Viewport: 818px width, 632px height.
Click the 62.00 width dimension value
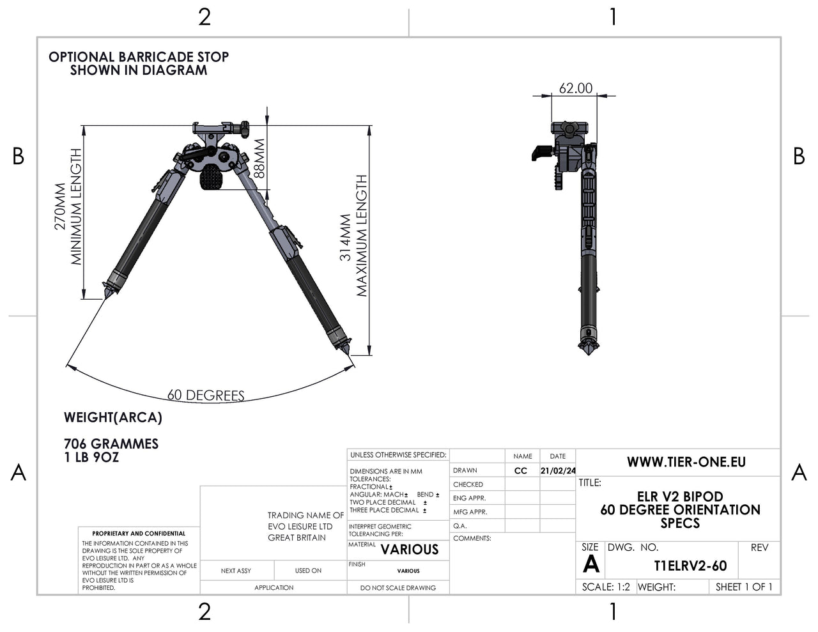(x=575, y=89)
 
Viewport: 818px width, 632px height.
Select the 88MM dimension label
(x=259, y=159)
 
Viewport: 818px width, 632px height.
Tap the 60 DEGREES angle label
(x=206, y=396)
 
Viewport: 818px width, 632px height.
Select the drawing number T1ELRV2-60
(x=690, y=566)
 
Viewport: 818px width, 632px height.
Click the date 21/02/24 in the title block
(x=557, y=471)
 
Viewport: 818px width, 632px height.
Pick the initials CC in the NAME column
(x=521, y=471)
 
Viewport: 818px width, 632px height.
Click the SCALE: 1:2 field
(x=606, y=587)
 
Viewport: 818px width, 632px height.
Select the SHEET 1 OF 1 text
(x=744, y=587)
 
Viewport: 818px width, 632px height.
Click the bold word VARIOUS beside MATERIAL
(x=410, y=550)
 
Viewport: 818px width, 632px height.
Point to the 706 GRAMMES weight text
(x=111, y=443)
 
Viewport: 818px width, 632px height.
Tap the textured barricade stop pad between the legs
(x=212, y=177)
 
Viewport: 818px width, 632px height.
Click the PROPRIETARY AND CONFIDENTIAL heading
(x=139, y=533)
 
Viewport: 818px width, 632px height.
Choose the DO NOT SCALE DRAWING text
(x=397, y=588)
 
